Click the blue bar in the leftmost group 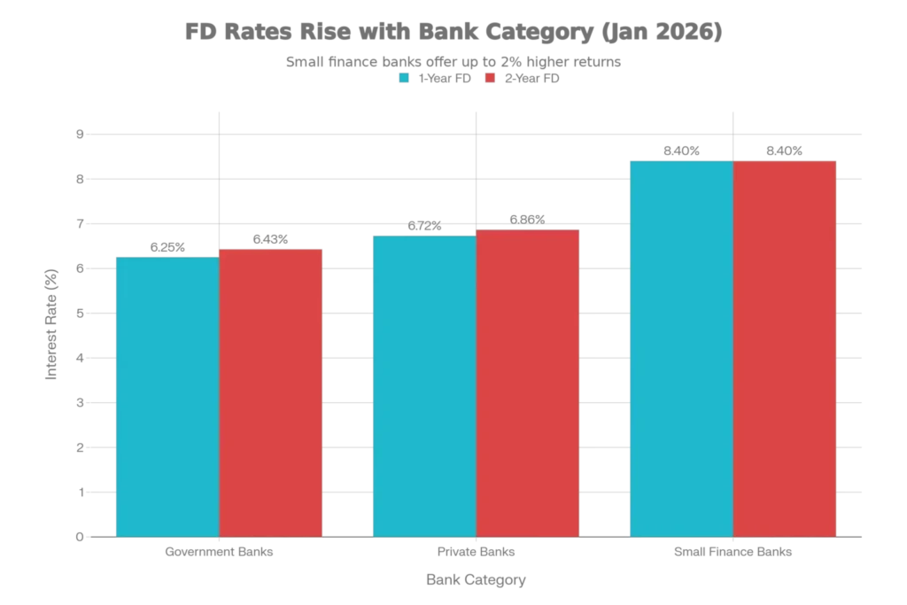(x=167, y=396)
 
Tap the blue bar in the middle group (x=423, y=385)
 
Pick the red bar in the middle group (x=528, y=383)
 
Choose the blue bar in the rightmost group (x=680, y=348)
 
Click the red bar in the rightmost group (x=785, y=348)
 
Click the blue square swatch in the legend (x=404, y=77)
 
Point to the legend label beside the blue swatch (x=445, y=77)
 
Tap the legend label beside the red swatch (x=531, y=77)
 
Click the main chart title (x=453, y=34)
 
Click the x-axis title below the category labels (x=478, y=580)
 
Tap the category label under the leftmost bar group (x=220, y=553)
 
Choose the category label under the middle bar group (x=476, y=553)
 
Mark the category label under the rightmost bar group (x=733, y=553)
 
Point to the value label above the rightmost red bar (x=786, y=149)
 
